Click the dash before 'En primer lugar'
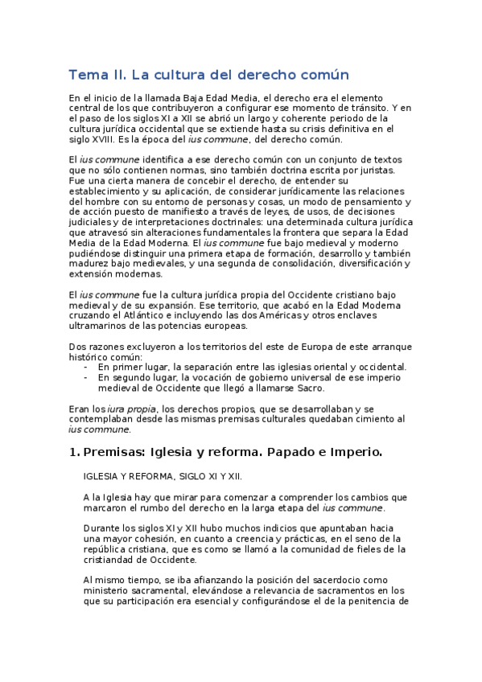pyautogui.click(x=86, y=367)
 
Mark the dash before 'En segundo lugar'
pyautogui.click(x=86, y=377)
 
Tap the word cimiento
pyautogui.click(x=372, y=420)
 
